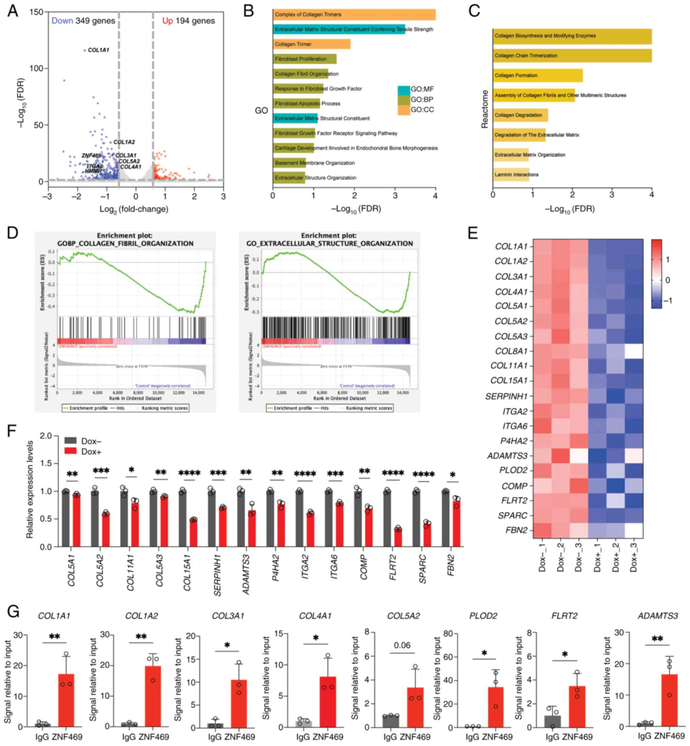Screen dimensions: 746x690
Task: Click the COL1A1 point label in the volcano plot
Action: coord(98,50)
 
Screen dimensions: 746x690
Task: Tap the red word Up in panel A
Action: coord(167,21)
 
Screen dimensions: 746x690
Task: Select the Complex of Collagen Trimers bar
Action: coord(354,15)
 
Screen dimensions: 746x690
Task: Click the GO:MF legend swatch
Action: coord(404,90)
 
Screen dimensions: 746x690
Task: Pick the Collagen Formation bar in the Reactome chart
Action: coord(537,75)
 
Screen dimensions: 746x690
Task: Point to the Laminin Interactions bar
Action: coord(511,175)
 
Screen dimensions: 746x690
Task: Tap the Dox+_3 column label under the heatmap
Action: coord(633,557)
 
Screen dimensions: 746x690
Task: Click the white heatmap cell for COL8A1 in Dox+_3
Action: coord(634,351)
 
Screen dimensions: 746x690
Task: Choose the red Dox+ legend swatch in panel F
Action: coord(71,451)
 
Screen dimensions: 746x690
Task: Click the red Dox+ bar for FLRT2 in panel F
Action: coord(398,537)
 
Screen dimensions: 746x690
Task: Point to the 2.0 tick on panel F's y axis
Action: coord(46,436)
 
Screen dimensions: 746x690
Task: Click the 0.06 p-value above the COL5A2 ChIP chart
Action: coord(402,645)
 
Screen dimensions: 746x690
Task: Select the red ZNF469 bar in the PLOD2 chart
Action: coord(495,707)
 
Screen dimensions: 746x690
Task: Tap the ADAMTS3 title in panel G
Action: coord(657,616)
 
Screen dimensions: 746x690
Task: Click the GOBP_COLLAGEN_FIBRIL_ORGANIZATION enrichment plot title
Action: coord(125,244)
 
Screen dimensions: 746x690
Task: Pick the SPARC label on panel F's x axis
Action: coord(422,570)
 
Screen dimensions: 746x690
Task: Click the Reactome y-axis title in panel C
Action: coord(485,109)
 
